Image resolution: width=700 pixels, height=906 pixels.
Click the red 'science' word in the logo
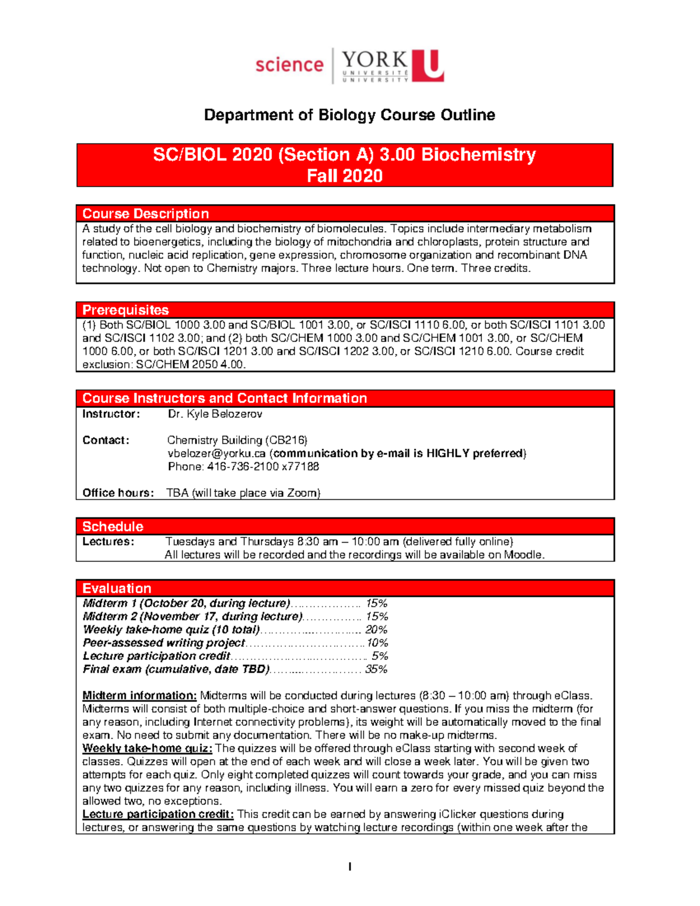pyautogui.click(x=289, y=65)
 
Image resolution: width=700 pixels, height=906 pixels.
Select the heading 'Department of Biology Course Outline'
pyautogui.click(x=349, y=115)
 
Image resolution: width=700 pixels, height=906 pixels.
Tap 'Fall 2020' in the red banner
pyautogui.click(x=345, y=176)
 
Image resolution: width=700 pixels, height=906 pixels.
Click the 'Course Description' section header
pyautogui.click(x=145, y=214)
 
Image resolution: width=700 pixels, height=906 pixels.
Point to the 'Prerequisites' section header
pyautogui.click(x=125, y=310)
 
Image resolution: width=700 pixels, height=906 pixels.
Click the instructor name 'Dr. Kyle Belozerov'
pyautogui.click(x=215, y=414)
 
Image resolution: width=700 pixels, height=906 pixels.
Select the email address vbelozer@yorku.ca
pyautogui.click(x=216, y=453)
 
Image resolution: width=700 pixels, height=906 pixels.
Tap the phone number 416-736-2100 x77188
pyautogui.click(x=243, y=466)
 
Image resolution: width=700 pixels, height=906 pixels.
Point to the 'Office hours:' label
pyautogui.click(x=118, y=493)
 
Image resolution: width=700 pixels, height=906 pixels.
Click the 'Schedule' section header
pyautogui.click(x=113, y=526)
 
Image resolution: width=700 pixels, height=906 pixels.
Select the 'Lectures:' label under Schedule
pyautogui.click(x=108, y=541)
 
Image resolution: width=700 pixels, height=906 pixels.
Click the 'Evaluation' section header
pyautogui.click(x=117, y=588)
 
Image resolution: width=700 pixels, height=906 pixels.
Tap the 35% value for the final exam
pyautogui.click(x=376, y=669)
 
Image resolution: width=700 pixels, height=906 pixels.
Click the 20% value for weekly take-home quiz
pyautogui.click(x=376, y=629)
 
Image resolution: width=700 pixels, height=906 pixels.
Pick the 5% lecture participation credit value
pyautogui.click(x=380, y=656)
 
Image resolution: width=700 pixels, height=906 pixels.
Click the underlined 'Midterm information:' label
pyautogui.click(x=139, y=695)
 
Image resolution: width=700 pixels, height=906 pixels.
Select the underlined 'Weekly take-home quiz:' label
pyautogui.click(x=147, y=748)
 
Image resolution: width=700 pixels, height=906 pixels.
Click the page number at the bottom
pyautogui.click(x=349, y=867)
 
